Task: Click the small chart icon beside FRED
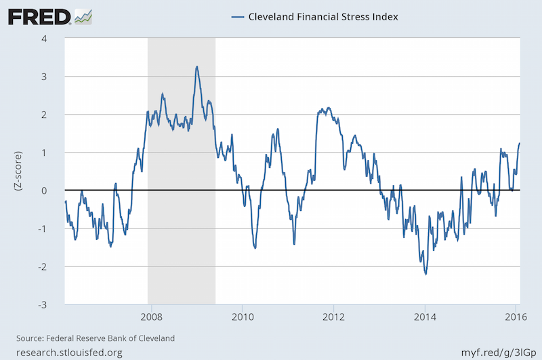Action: (x=83, y=16)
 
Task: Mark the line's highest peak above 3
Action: (x=196, y=66)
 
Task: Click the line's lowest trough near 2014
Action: (x=425, y=274)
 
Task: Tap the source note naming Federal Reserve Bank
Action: (x=95, y=338)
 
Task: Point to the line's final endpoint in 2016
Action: (x=520, y=143)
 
